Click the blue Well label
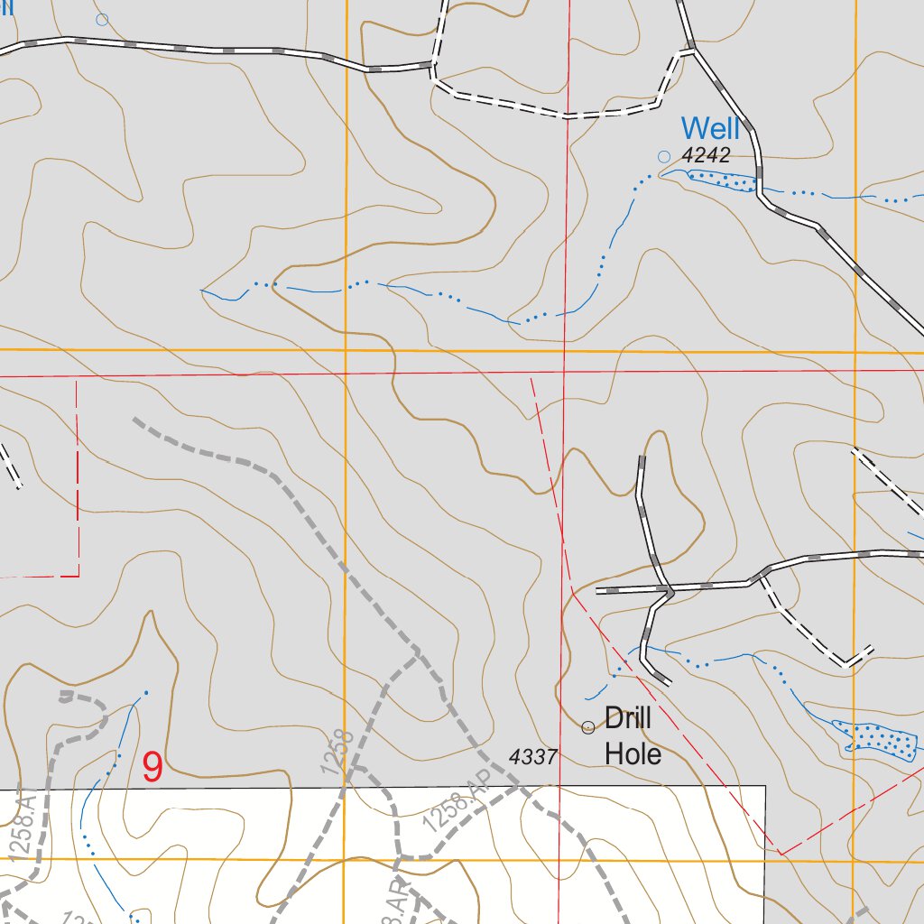pyautogui.click(x=710, y=129)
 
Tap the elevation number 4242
pyautogui.click(x=706, y=155)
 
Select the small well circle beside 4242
pyautogui.click(x=664, y=156)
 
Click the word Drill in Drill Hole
pyautogui.click(x=628, y=720)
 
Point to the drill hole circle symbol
pyautogui.click(x=588, y=727)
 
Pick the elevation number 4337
pyautogui.click(x=534, y=756)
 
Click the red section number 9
pyautogui.click(x=153, y=768)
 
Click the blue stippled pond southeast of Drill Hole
pyautogui.click(x=876, y=737)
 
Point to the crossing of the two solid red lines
pyautogui.click(x=564, y=371)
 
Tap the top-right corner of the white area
pyautogui.click(x=765, y=786)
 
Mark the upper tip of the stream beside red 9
pyautogui.click(x=145, y=693)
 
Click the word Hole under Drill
pyautogui.click(x=633, y=753)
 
